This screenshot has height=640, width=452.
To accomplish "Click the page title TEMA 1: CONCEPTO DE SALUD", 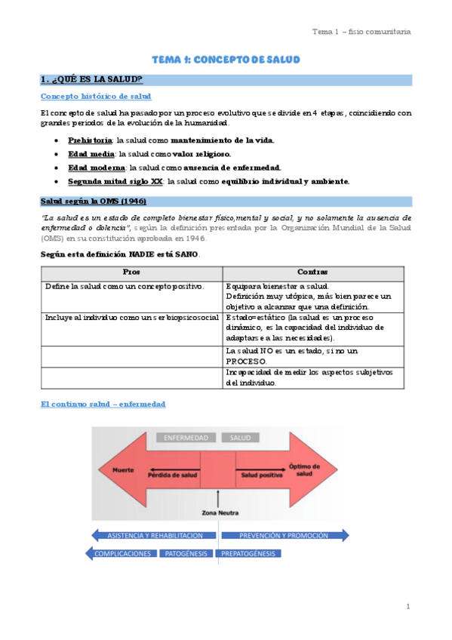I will tap(226, 59).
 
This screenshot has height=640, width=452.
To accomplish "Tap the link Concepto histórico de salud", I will tap(96, 97).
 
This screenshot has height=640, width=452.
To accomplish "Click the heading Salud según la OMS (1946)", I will tap(93, 202).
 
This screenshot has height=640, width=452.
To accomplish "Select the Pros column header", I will tap(131, 271).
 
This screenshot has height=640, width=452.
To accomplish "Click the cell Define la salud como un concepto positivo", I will tap(125, 287).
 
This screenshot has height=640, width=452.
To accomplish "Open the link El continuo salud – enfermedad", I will tap(103, 405).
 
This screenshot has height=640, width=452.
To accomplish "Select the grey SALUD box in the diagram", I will tap(241, 438).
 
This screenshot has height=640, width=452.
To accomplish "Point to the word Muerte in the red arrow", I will tap(123, 470).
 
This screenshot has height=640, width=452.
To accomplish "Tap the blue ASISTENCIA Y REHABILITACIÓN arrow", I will tap(155, 535).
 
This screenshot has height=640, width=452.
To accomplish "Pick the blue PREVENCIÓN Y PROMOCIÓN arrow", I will tap(284, 535).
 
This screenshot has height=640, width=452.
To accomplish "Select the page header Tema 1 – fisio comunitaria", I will tap(361, 32).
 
